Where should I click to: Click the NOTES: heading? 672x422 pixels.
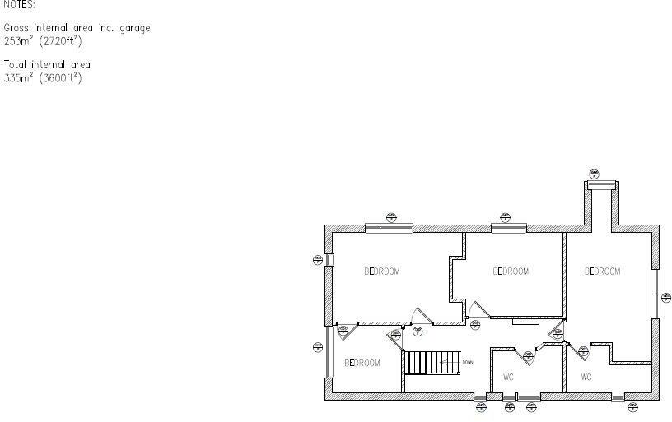19,4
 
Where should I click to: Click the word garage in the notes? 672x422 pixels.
133,28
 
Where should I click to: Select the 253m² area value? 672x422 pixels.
16,40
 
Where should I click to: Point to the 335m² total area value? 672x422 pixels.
16,78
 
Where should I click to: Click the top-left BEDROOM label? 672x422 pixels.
382,271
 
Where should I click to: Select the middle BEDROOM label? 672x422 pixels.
510,271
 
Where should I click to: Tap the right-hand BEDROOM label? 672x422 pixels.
602,271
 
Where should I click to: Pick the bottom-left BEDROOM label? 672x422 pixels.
362,363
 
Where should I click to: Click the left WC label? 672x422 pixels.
509,378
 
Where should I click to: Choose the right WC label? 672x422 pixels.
586,378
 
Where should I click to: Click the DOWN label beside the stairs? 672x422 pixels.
467,362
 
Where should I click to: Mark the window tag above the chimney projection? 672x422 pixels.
595,173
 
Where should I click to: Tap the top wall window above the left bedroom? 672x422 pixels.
390,228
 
